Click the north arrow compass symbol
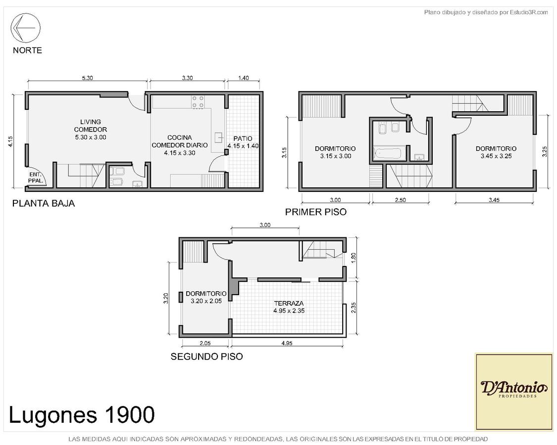click(26, 28)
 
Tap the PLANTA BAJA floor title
click(44, 203)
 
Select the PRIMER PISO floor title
click(316, 212)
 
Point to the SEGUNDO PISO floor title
click(207, 356)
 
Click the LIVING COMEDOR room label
click(90, 130)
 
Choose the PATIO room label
click(243, 142)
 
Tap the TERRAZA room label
click(289, 307)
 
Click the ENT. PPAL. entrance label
click(36, 178)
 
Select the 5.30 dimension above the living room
click(87, 78)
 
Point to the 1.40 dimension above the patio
click(243, 78)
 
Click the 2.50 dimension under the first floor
click(401, 200)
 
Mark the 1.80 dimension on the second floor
click(353, 258)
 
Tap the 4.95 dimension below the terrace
click(287, 343)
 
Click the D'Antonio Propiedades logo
click(513, 392)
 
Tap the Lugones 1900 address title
click(82, 414)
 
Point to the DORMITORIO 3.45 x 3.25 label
click(496, 152)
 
